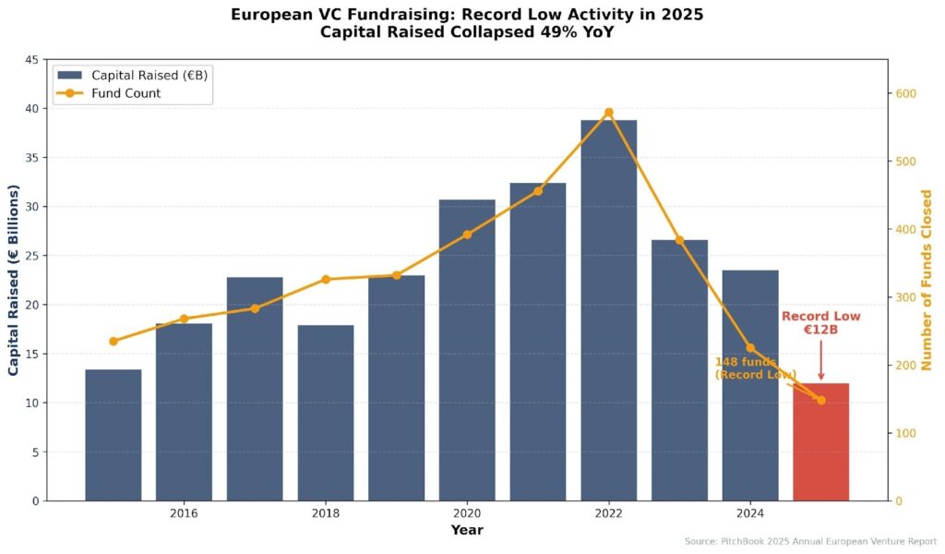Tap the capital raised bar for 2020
click(x=467, y=350)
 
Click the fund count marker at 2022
click(x=609, y=113)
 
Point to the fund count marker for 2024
click(x=750, y=348)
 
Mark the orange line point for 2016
click(x=184, y=319)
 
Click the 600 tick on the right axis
click(x=906, y=94)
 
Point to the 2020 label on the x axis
click(x=467, y=512)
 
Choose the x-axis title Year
click(x=467, y=530)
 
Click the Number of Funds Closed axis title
click(x=927, y=280)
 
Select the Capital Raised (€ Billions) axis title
click(x=14, y=280)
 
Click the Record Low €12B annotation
click(x=820, y=323)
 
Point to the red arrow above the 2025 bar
click(x=820, y=361)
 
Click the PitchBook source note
click(x=810, y=541)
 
